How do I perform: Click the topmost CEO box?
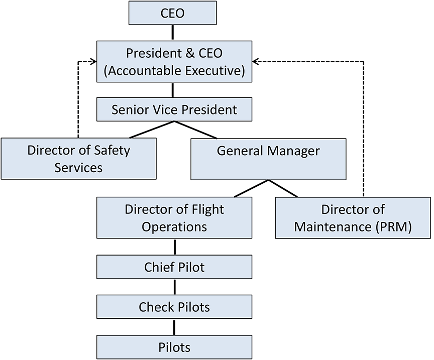tap(173, 13)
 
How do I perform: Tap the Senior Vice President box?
tap(174, 109)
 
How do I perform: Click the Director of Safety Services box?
tap(78, 158)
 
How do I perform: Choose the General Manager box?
tap(268, 159)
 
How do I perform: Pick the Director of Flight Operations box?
tap(174, 217)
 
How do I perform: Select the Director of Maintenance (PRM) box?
tap(353, 217)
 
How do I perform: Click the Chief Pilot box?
tap(174, 267)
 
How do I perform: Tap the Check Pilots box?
tap(174, 306)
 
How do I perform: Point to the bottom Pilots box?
tap(174, 346)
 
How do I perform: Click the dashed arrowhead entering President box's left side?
tap(93, 61)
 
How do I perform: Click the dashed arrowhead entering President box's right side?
tap(256, 61)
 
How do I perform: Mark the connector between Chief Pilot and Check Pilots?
tap(174, 287)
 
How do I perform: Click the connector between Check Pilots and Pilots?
tap(174, 326)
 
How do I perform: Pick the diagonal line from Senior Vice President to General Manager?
tap(196, 130)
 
